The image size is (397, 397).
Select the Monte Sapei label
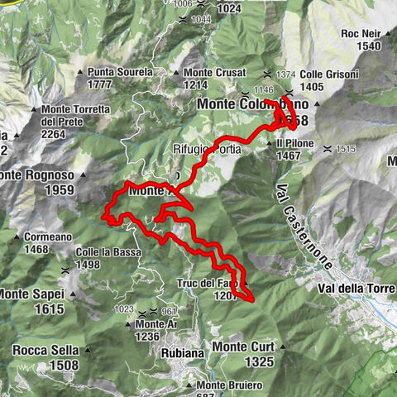(x=30, y=294)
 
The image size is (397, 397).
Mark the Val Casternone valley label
(x=303, y=222)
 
